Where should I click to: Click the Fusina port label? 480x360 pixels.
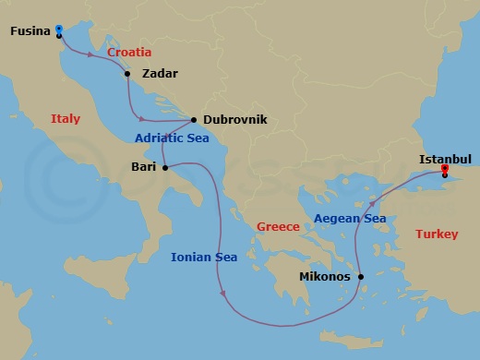pyautogui.click(x=30, y=31)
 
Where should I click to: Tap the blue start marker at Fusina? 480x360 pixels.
pyautogui.click(x=59, y=29)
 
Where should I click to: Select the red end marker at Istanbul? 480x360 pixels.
pyautogui.click(x=444, y=169)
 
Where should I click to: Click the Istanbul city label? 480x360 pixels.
pyautogui.click(x=445, y=159)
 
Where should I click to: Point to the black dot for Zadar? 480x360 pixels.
pyautogui.click(x=127, y=74)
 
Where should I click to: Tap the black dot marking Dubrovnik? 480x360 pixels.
pyautogui.click(x=193, y=120)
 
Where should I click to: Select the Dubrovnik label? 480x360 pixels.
pyautogui.click(x=234, y=120)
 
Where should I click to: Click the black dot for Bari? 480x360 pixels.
pyautogui.click(x=164, y=168)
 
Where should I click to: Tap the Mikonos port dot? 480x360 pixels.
pyautogui.click(x=361, y=276)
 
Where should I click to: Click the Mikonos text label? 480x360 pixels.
pyautogui.click(x=326, y=276)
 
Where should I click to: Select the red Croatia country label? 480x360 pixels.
pyautogui.click(x=129, y=53)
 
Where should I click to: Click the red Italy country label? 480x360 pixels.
pyautogui.click(x=66, y=119)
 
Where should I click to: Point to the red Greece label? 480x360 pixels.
pyautogui.click(x=278, y=226)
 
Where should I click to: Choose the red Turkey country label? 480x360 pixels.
pyautogui.click(x=436, y=234)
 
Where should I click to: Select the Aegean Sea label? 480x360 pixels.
pyautogui.click(x=350, y=219)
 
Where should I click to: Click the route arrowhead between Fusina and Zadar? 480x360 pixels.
pyautogui.click(x=90, y=56)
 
